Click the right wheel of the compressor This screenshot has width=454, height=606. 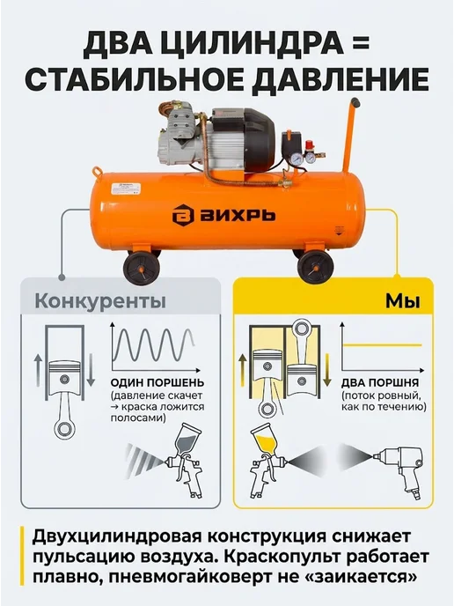[316, 267]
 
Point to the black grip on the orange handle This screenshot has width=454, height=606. [356, 103]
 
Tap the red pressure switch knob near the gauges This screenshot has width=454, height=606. [308, 144]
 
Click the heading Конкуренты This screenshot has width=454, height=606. [100, 301]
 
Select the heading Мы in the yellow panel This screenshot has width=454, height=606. [403, 301]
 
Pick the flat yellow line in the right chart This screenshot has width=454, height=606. [383, 344]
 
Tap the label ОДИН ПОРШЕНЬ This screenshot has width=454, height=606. [157, 382]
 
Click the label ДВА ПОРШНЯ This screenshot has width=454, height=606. [380, 382]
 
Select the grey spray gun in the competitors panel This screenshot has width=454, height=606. [187, 460]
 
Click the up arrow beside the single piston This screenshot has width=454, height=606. [38, 370]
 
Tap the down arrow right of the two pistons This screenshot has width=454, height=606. [326, 370]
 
